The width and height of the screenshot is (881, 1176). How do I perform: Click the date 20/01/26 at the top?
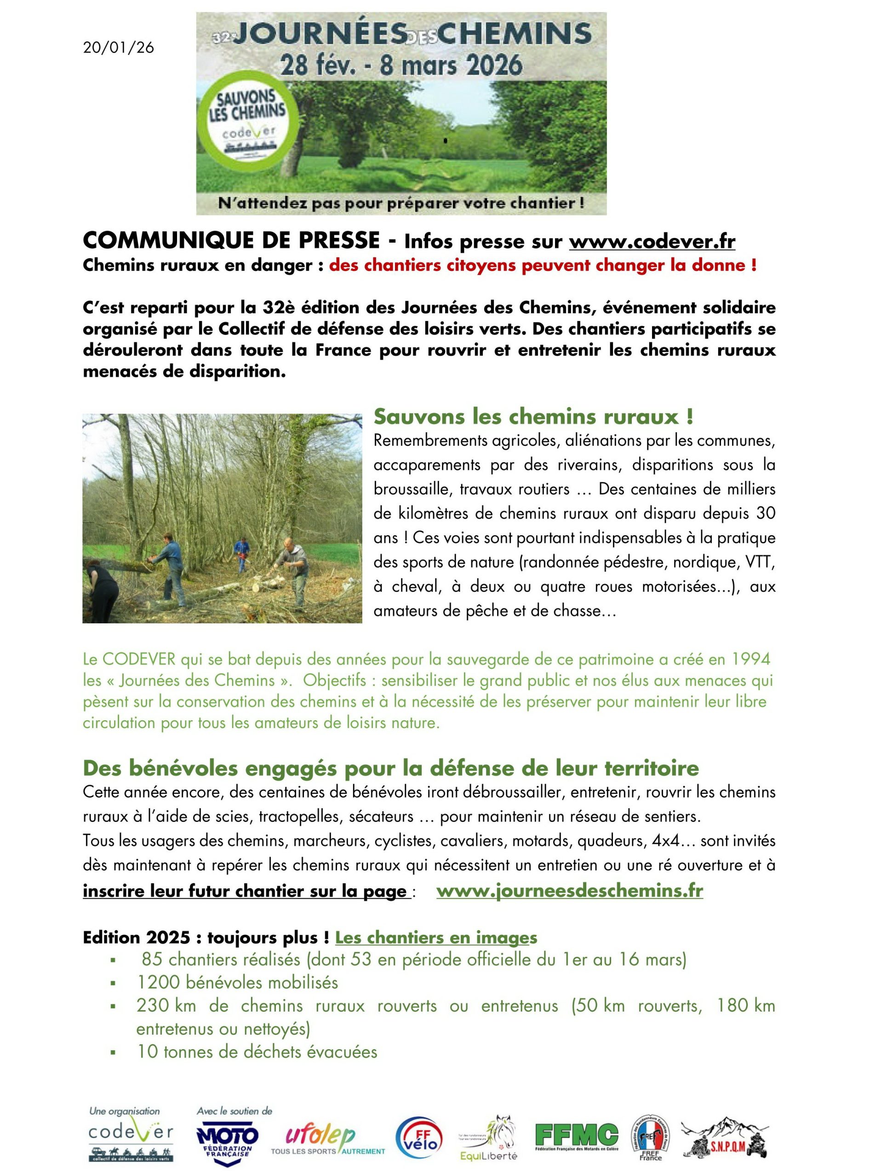pyautogui.click(x=119, y=48)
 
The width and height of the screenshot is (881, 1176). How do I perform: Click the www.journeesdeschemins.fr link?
pyautogui.click(x=569, y=891)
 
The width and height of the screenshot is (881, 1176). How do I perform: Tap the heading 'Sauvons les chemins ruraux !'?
pyautogui.click(x=533, y=417)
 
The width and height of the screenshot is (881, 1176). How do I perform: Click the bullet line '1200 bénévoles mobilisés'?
pyautogui.click(x=237, y=982)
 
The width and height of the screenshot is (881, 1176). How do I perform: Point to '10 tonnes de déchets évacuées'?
pyautogui.click(x=257, y=1052)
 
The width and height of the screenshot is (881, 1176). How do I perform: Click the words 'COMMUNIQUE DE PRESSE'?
pyautogui.click(x=231, y=241)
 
